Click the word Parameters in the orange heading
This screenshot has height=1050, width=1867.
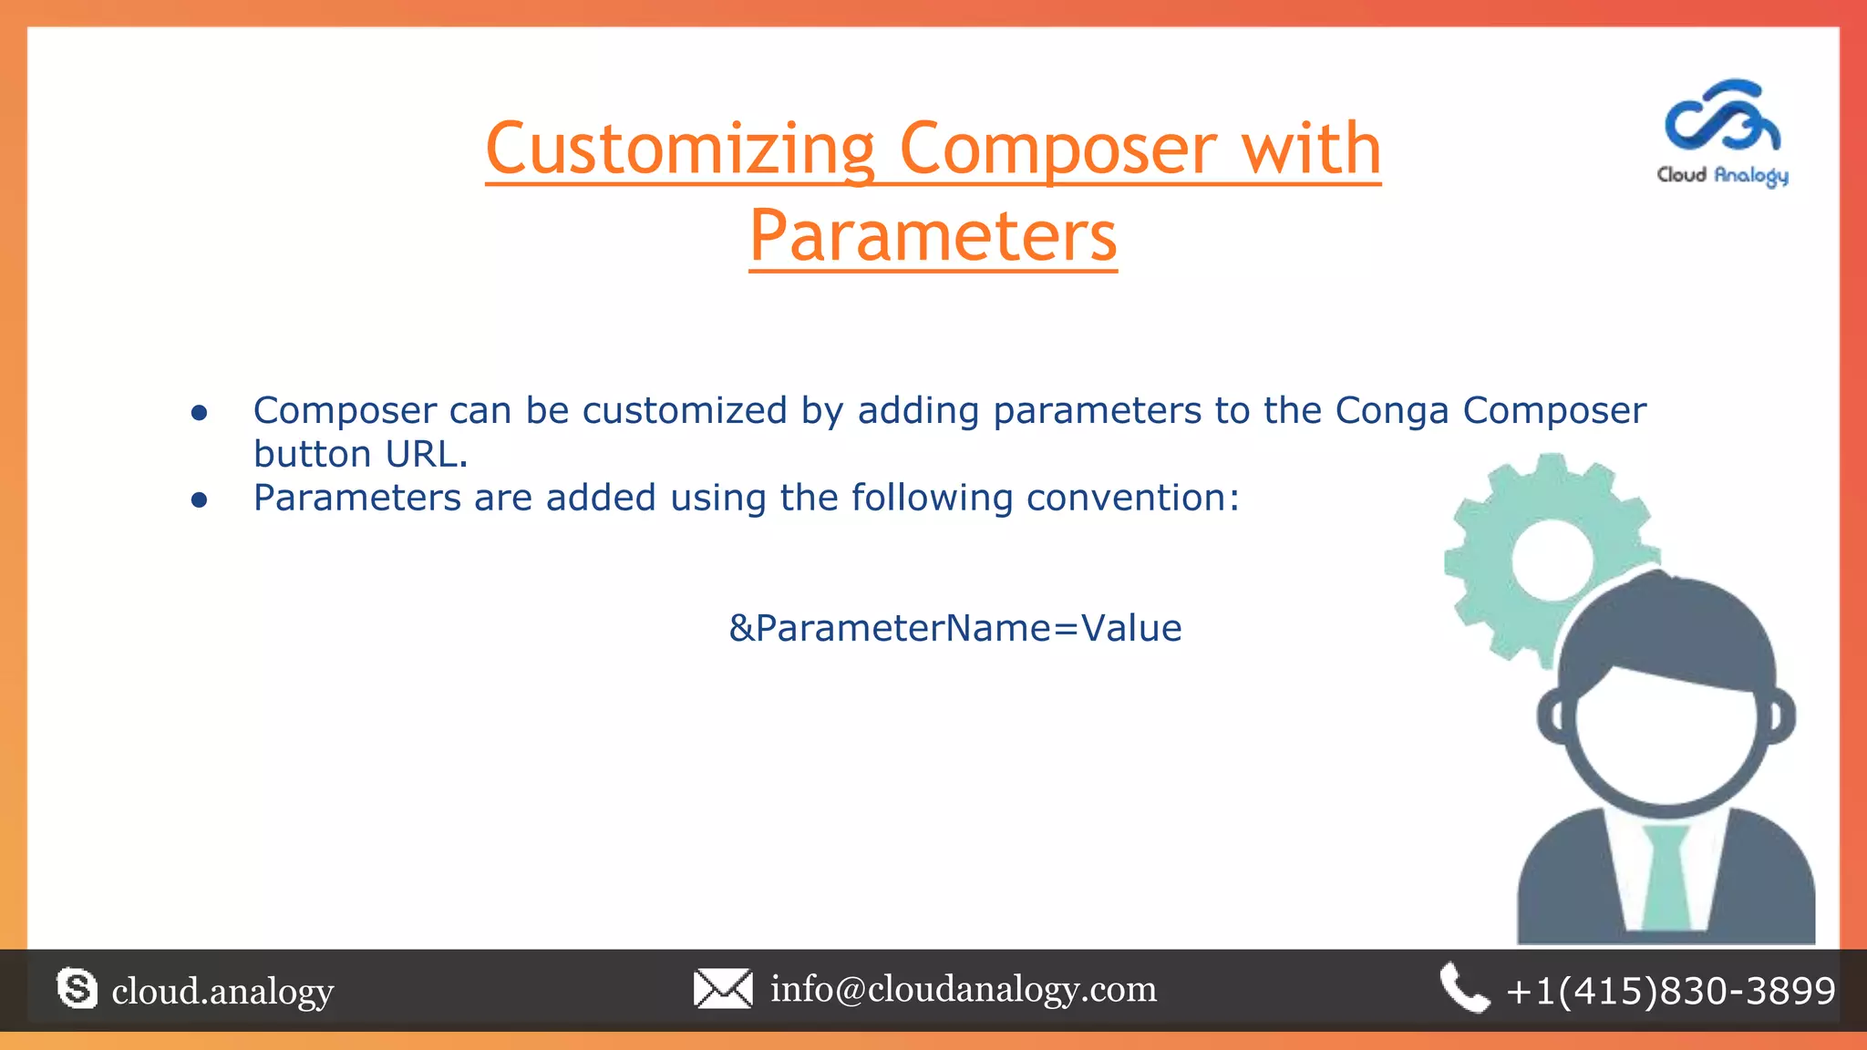pyautogui.click(x=933, y=236)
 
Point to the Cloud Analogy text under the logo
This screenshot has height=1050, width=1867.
pyautogui.click(x=1722, y=175)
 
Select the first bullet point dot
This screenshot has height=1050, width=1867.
pyautogui.click(x=200, y=413)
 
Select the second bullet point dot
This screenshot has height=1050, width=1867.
pyautogui.click(x=200, y=500)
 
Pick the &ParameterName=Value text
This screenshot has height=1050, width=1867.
pyautogui.click(x=954, y=629)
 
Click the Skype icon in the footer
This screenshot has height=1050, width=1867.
pyautogui.click(x=77, y=989)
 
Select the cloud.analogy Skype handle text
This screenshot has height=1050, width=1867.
pyautogui.click(x=222, y=991)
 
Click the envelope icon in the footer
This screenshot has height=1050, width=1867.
pyautogui.click(x=722, y=989)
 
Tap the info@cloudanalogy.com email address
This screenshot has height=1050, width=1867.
pyautogui.click(x=964, y=989)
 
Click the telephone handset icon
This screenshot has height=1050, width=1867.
pyautogui.click(x=1463, y=988)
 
